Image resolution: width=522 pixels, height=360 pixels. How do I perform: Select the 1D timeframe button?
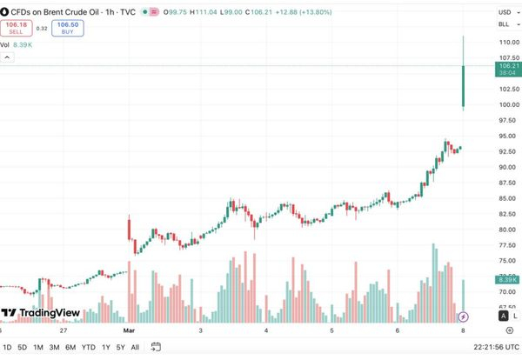8,347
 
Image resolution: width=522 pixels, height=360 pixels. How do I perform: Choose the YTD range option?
88,347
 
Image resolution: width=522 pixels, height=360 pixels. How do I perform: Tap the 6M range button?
70,347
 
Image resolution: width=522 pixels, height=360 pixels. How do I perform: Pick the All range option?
135,347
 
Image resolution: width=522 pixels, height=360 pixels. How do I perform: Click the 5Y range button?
120,347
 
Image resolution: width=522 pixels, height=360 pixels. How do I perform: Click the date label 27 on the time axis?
64,330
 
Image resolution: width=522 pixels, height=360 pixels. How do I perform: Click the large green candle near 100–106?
464,87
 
